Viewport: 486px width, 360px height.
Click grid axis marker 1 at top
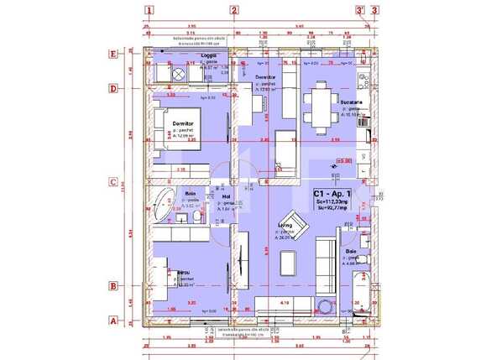coord(149,11)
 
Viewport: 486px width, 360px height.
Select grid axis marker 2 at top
coord(233,11)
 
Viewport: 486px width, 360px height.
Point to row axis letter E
coord(112,52)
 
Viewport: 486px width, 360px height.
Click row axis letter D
coord(112,87)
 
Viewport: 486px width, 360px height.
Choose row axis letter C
coord(112,181)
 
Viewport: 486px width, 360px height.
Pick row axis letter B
coord(112,286)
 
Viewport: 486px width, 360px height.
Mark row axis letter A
coord(112,320)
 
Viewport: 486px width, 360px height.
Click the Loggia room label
coord(209,56)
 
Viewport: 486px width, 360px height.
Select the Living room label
coord(285,225)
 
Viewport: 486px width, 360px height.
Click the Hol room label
coord(226,197)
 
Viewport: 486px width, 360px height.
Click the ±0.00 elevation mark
coord(343,159)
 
